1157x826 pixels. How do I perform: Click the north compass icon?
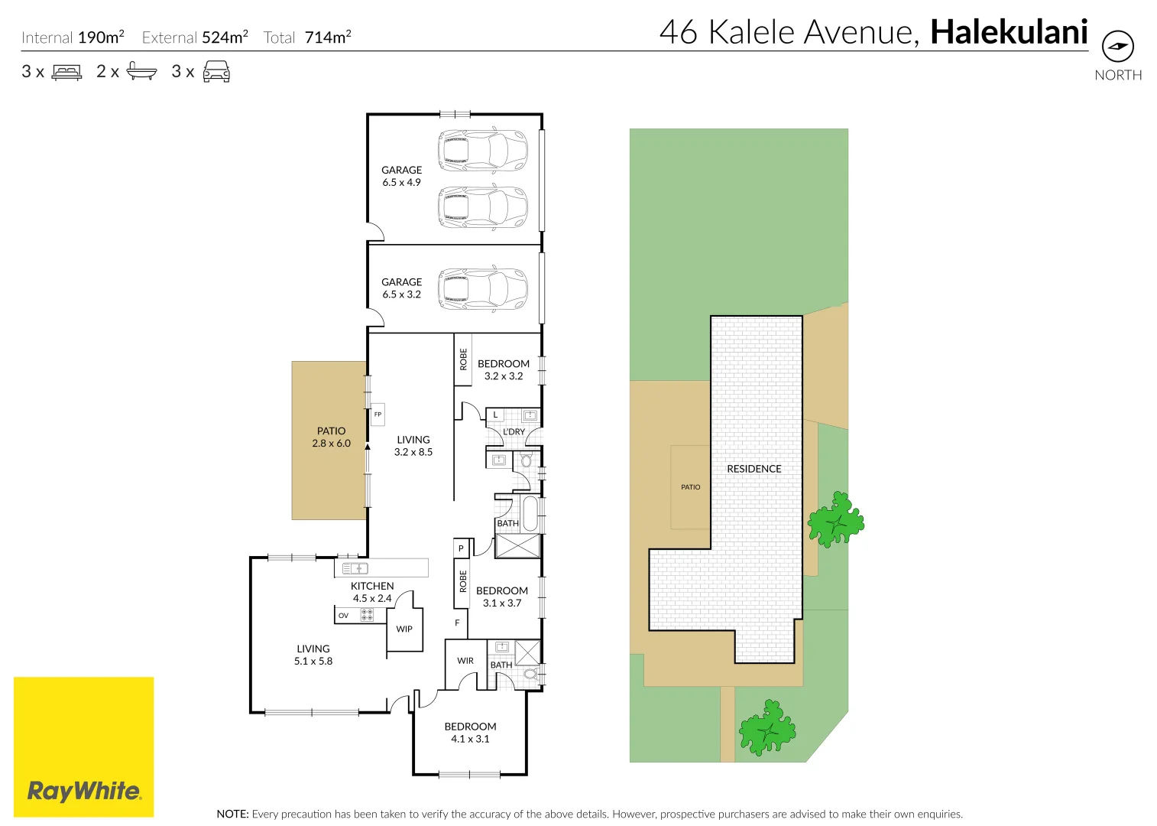(x=1117, y=47)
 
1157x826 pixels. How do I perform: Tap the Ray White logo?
(x=84, y=790)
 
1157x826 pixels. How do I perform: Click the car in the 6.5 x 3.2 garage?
(x=482, y=288)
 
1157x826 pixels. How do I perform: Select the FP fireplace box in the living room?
(x=378, y=415)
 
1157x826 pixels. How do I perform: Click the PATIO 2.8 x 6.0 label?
(x=331, y=437)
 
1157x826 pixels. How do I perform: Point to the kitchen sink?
(x=355, y=568)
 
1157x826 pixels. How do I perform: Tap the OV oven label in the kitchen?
(x=344, y=615)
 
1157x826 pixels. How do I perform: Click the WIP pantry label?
(x=404, y=629)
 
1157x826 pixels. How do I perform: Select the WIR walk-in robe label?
(x=465, y=661)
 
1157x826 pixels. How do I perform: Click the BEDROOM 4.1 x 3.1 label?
(x=470, y=732)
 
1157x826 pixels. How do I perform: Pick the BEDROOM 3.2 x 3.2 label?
(x=503, y=369)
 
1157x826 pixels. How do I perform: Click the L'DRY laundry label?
(x=514, y=431)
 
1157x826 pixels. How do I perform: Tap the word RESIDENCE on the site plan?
(x=754, y=469)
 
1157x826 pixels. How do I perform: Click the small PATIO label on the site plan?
(x=690, y=487)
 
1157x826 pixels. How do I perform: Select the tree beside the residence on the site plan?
(x=835, y=521)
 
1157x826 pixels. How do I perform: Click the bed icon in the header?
(x=66, y=73)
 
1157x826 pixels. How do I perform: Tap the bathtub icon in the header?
(x=141, y=72)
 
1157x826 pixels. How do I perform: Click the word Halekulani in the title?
(x=1008, y=32)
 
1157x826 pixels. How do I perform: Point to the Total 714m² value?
(x=328, y=37)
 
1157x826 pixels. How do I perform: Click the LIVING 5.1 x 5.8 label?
(x=313, y=655)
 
